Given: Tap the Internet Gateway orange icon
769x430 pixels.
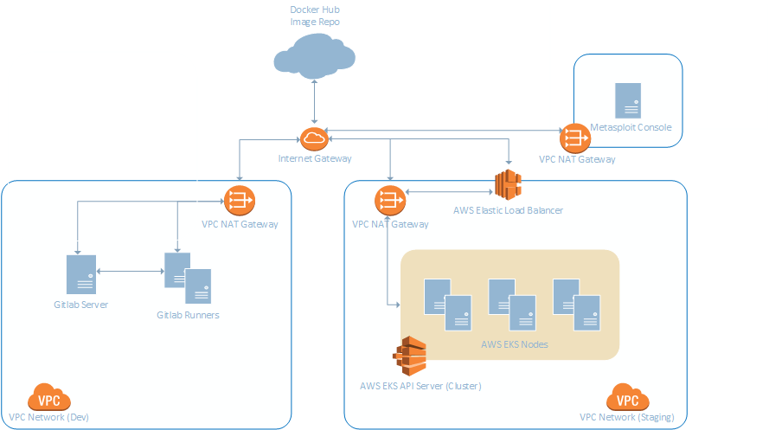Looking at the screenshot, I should (x=313, y=138).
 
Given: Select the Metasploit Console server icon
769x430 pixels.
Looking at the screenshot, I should (x=627, y=100).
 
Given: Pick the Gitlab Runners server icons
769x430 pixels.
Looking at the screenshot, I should (x=188, y=277).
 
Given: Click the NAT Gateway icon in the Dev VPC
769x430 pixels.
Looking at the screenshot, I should (x=237, y=201).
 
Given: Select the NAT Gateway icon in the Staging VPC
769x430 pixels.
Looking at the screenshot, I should (x=389, y=202).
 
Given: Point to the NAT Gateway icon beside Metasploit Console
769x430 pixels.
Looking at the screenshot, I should (x=574, y=137).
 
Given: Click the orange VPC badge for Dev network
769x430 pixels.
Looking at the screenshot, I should (x=49, y=398).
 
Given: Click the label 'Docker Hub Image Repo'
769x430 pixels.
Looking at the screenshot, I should (x=314, y=14).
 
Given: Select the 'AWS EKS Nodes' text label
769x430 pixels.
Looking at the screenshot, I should (x=514, y=344).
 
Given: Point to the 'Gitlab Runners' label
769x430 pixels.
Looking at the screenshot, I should (x=188, y=315).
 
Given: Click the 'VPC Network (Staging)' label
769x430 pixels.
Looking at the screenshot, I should (x=627, y=417).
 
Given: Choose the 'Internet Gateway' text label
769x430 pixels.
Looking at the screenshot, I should (x=315, y=159).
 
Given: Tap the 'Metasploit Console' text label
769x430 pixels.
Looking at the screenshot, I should (x=631, y=128).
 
